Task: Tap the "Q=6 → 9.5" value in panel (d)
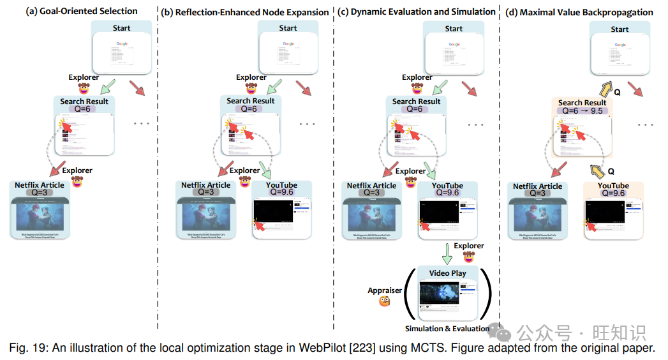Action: coord(583,111)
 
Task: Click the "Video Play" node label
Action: coord(447,273)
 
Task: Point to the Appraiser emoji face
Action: coord(385,301)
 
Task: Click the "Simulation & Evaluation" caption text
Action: coord(447,329)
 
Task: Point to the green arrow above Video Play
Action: coord(447,253)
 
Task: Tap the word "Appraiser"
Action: coord(385,290)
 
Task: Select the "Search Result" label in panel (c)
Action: coord(416,101)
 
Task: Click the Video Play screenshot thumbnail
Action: coord(447,297)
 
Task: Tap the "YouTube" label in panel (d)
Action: coord(613,186)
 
